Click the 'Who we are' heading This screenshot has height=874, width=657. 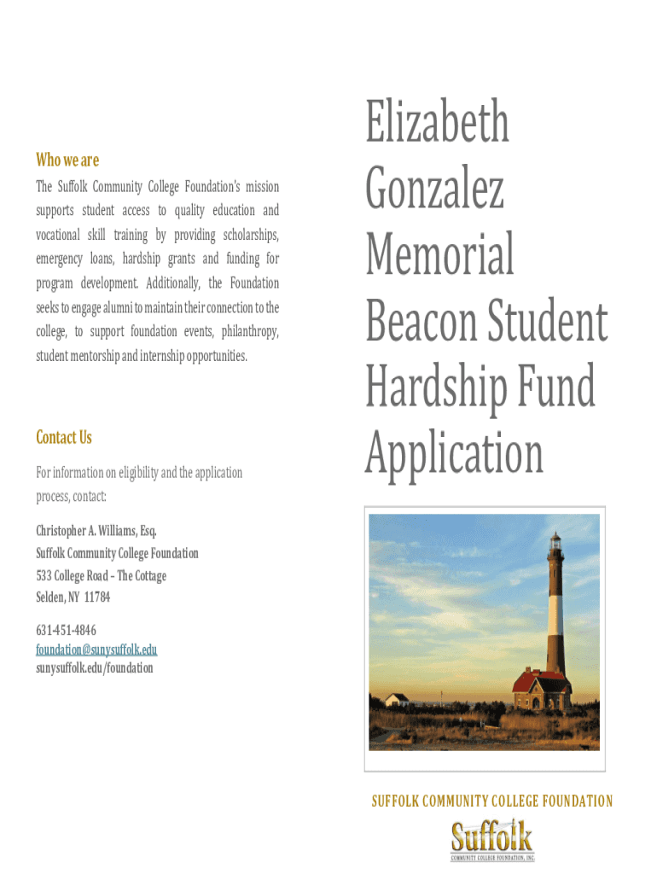click(67, 160)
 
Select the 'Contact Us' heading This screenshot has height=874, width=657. click(63, 437)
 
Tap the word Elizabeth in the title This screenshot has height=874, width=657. click(438, 123)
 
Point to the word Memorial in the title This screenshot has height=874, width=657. click(439, 253)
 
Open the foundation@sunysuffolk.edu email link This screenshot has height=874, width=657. click(96, 650)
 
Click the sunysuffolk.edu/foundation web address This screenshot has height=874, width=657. click(95, 667)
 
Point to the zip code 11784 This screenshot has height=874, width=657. click(96, 597)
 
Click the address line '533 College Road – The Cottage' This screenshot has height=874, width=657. click(101, 575)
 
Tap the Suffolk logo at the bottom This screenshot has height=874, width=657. click(491, 840)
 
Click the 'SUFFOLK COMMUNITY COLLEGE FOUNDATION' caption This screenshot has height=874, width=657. click(491, 801)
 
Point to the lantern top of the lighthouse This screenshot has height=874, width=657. click(555, 543)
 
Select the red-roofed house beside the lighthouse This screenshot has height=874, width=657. click(540, 690)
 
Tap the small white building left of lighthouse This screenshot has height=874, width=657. click(397, 700)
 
